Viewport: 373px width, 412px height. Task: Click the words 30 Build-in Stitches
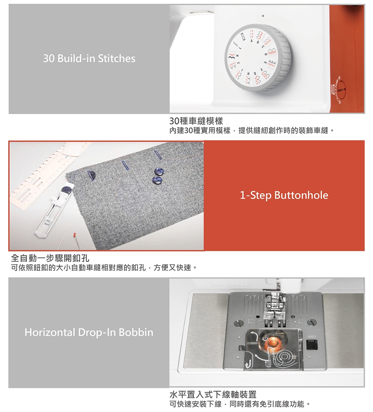(89, 58)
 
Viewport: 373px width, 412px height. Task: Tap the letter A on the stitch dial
(251, 41)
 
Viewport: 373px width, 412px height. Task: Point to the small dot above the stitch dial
(263, 16)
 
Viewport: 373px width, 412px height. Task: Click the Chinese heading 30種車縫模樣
(196, 121)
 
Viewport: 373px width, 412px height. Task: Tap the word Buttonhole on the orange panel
(301, 195)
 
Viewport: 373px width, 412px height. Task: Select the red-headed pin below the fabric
(75, 234)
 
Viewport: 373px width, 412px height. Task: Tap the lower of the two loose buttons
(157, 180)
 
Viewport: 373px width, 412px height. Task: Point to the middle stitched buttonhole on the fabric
(125, 166)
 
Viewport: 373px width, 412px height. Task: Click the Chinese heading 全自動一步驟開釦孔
(50, 258)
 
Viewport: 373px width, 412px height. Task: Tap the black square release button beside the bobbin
(312, 344)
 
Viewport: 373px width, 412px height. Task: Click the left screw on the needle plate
(238, 323)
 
